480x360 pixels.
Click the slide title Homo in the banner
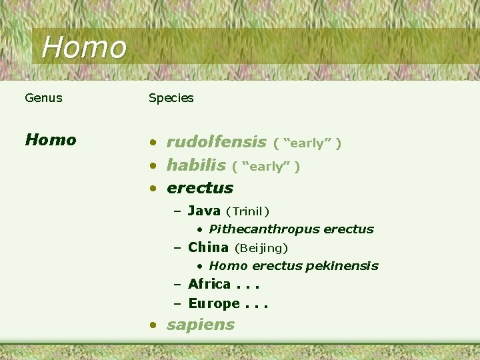pyautogui.click(x=83, y=47)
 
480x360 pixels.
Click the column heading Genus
pyautogui.click(x=43, y=98)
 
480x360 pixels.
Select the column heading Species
pyautogui.click(x=171, y=98)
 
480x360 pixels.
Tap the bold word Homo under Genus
pyautogui.click(x=51, y=140)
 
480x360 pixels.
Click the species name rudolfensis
pyautogui.click(x=216, y=141)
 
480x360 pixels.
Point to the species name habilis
pyautogui.click(x=196, y=165)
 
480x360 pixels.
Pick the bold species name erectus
pyautogui.click(x=199, y=188)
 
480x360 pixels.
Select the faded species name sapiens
pyautogui.click(x=200, y=325)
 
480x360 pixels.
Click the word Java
pyautogui.click(x=204, y=211)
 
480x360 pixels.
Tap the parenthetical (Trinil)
pyautogui.click(x=247, y=212)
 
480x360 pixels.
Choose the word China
pyautogui.click(x=208, y=247)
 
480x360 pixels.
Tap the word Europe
pyautogui.click(x=213, y=303)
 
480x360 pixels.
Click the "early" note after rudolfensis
pyautogui.click(x=307, y=143)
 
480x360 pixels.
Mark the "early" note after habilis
pyautogui.click(x=266, y=167)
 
